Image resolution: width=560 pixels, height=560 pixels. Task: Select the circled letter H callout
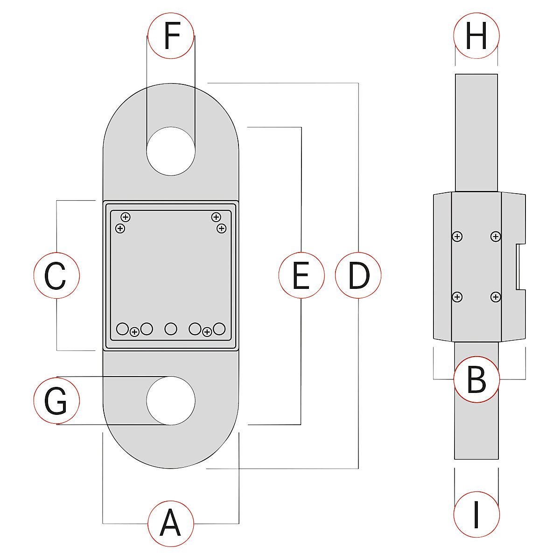point(476,36)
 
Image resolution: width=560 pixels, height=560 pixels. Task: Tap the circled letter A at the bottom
point(171,524)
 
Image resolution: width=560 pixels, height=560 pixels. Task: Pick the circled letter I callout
point(476,514)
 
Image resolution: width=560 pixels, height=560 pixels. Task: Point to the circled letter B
point(476,379)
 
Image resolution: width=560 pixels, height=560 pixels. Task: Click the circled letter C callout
point(56,276)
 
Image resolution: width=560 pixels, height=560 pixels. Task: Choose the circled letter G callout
point(56,401)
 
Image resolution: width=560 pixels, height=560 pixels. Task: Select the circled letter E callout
point(301,275)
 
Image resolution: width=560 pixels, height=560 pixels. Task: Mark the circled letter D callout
point(358,275)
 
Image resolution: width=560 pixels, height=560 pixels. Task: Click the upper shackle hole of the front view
point(171,151)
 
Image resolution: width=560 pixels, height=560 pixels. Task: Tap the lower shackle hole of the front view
point(171,401)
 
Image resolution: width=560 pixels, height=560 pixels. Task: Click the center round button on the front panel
point(171,329)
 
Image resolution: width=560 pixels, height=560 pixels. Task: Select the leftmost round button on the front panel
point(122,329)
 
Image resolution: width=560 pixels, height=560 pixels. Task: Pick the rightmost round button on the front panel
point(219,329)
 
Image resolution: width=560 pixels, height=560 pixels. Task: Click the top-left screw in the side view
point(458,237)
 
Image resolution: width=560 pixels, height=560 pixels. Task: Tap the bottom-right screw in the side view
point(496,297)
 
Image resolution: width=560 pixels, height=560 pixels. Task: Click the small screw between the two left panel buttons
point(134,332)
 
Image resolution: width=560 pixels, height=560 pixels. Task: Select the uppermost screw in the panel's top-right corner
point(216,217)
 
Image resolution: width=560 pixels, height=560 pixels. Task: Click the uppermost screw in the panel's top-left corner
point(125,217)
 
